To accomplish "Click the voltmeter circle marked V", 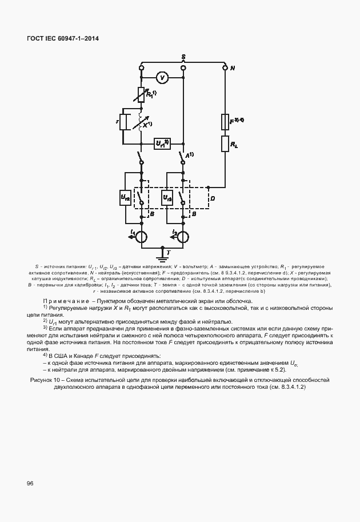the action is pos(162,77).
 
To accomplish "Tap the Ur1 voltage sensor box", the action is pos(162,144).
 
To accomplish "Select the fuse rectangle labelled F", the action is pos(225,122).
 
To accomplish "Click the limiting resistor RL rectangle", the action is pos(225,144).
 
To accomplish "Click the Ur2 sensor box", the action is pos(125,198).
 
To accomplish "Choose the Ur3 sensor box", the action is pos(167,198).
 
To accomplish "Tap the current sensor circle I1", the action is pos(141,236).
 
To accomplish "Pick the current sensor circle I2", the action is pos(183,236).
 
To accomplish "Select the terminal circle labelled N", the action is pos(224,68).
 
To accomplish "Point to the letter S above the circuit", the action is pos(183,57).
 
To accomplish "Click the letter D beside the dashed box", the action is pos(213,198).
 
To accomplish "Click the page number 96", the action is pos(30,483).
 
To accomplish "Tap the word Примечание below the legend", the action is pos(63,301).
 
